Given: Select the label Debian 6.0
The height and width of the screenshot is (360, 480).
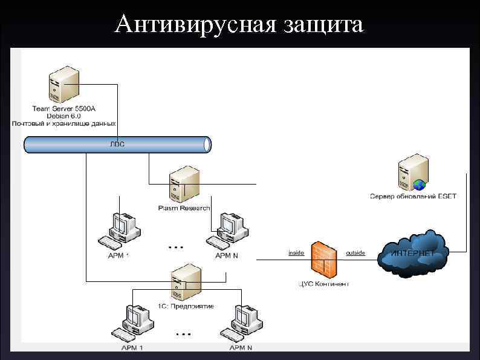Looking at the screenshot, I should (x=63, y=116).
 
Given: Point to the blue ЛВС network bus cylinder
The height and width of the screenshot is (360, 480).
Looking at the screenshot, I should (x=117, y=145).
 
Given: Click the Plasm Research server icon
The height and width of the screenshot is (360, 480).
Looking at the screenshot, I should (x=184, y=185).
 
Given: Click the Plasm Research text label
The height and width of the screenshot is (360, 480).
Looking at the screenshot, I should (x=184, y=208).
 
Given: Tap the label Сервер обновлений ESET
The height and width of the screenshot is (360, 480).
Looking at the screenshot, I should (x=414, y=196).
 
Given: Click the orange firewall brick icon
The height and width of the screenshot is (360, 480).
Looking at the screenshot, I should (x=323, y=258).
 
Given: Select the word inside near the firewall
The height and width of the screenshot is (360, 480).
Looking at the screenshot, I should (x=296, y=252).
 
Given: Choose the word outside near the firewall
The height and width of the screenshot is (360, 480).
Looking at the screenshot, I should (x=355, y=252).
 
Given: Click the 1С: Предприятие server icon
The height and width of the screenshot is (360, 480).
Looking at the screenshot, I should (x=185, y=282).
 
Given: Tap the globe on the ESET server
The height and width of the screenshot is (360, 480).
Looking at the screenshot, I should (x=420, y=185).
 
